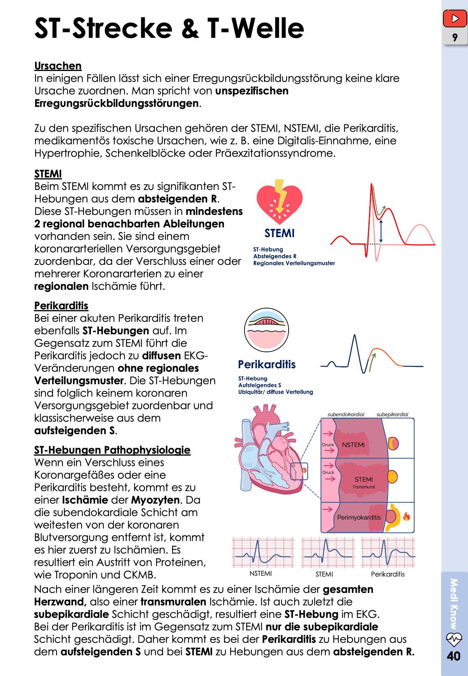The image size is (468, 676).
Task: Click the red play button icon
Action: (455, 18)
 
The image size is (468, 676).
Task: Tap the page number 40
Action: (454, 656)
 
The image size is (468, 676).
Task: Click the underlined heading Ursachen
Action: (58, 66)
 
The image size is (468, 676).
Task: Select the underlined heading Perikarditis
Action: (61, 306)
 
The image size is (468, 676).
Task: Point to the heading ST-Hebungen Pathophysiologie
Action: (112, 450)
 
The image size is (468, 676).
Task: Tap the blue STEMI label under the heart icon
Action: (279, 233)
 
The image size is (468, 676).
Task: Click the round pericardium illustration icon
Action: (266, 330)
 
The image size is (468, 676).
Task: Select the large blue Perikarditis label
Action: (267, 364)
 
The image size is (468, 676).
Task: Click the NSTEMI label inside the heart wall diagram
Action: (353, 445)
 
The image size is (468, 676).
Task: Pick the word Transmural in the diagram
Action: (363, 487)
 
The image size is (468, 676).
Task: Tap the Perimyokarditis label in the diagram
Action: (359, 517)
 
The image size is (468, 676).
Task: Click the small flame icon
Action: (406, 516)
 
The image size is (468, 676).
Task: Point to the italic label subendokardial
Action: (346, 414)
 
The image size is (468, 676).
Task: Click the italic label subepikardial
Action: (392, 414)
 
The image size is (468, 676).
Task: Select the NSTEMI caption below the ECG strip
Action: (261, 573)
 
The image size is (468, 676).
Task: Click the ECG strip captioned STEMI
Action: (328, 552)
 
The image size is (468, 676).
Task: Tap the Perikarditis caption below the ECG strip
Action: (388, 574)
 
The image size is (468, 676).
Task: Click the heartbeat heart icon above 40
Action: (454, 639)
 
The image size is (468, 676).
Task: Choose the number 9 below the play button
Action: (455, 37)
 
